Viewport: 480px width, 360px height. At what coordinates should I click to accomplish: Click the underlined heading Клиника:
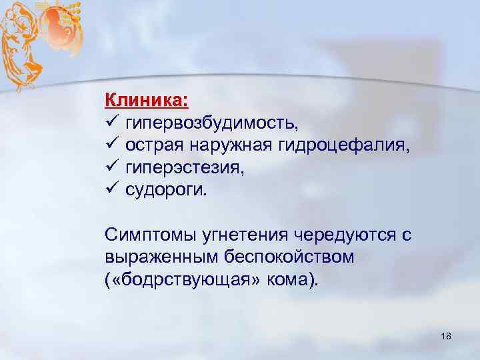pos(147,101)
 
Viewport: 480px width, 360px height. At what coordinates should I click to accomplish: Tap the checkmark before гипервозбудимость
pos(111,123)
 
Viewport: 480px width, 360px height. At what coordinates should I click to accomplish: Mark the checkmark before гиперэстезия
pos(111,167)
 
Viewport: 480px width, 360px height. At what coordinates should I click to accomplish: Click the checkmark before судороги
pos(111,189)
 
